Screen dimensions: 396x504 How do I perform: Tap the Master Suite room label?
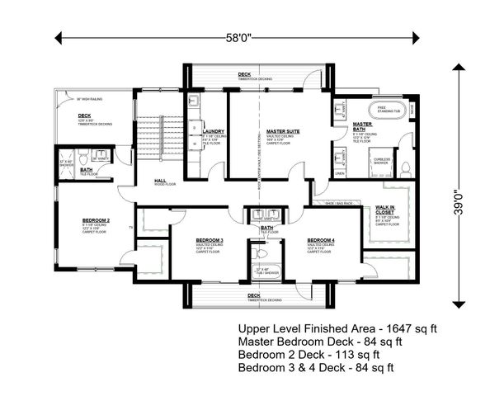click(281, 131)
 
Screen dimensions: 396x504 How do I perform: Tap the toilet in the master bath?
click(405, 167)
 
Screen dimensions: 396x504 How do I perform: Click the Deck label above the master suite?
click(244, 74)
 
